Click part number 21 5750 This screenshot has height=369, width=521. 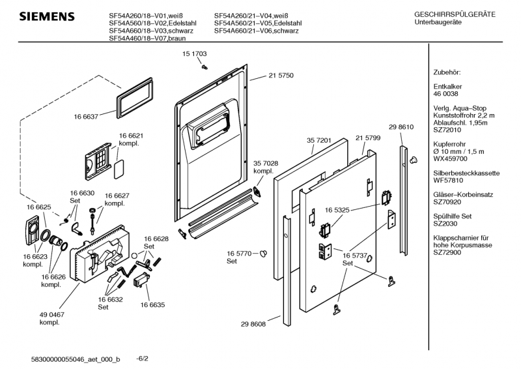[281, 76]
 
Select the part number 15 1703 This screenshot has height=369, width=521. [194, 54]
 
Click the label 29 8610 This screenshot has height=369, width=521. [401, 126]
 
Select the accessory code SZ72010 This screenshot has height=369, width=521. [449, 130]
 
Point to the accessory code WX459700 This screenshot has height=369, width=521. [451, 158]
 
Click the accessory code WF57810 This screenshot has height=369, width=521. [449, 180]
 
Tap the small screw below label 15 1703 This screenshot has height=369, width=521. [204, 66]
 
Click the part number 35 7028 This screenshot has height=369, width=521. [266, 162]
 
